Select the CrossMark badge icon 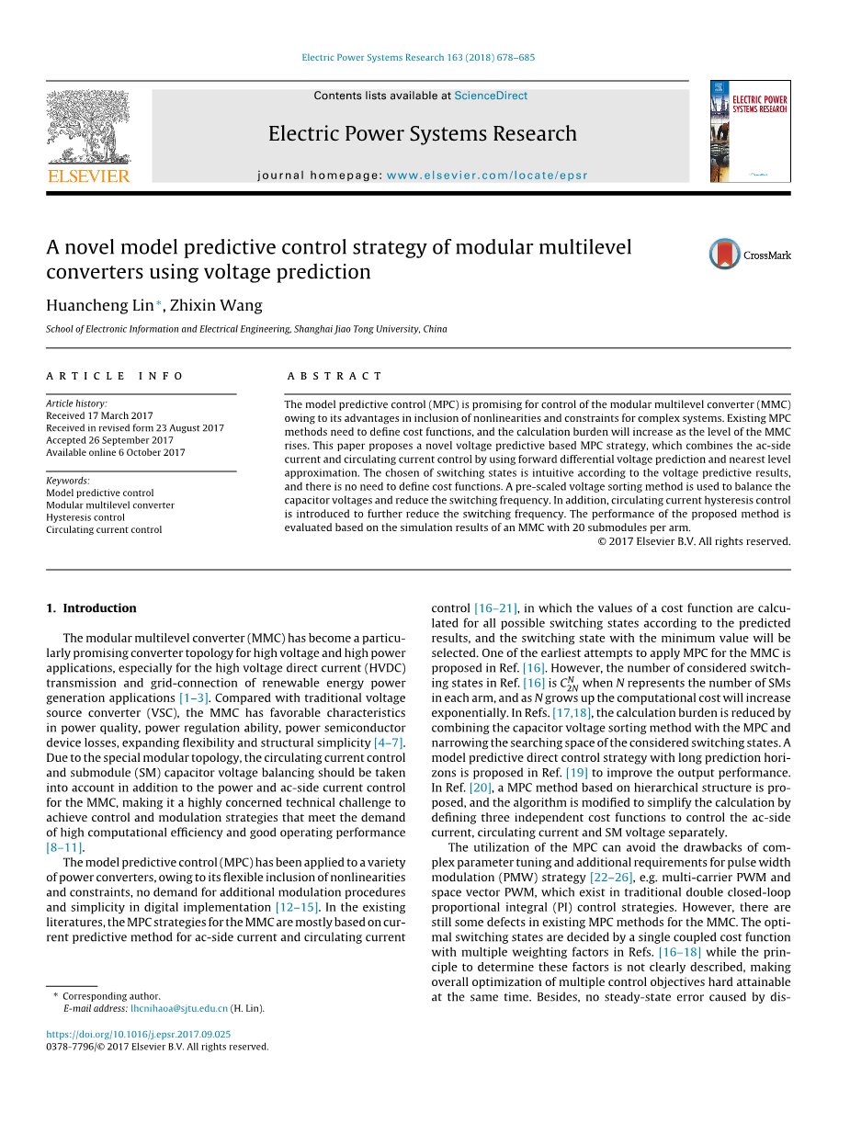point(725,255)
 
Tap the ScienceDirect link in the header point(491,96)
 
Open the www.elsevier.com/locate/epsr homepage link point(487,176)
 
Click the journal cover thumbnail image point(750,131)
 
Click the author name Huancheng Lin point(100,305)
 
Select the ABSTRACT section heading point(334,376)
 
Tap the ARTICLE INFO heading point(115,376)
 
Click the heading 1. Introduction point(91,608)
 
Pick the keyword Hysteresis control point(85,517)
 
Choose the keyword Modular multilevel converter point(110,505)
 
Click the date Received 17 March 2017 point(100,415)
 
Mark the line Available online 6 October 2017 point(116,452)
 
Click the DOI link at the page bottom point(138,1034)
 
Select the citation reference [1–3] point(195,698)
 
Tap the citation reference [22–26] point(611,878)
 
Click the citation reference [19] point(577,773)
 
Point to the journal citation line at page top point(418,58)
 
